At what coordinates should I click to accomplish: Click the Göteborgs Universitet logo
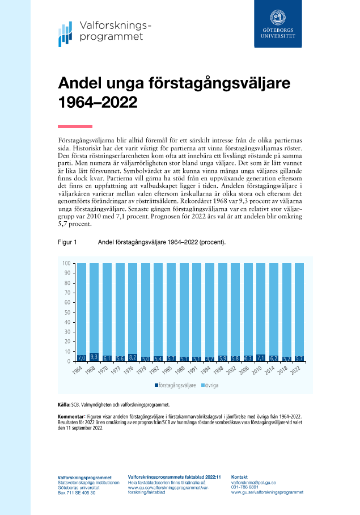point(278,23)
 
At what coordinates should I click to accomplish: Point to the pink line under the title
point(75,126)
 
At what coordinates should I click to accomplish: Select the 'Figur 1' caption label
point(67,242)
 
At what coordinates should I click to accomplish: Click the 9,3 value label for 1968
point(94,357)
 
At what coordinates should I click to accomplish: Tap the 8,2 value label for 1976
point(133,357)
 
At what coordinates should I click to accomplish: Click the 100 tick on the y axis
point(66,263)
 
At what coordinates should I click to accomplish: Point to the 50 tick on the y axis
point(67,313)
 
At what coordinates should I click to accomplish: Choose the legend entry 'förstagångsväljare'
point(177,385)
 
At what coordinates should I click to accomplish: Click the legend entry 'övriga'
point(213,385)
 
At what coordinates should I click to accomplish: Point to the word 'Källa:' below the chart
point(64,405)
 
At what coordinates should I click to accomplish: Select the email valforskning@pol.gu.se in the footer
point(253,482)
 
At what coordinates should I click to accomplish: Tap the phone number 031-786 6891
point(245,487)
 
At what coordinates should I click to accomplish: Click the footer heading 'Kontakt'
point(240,477)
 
